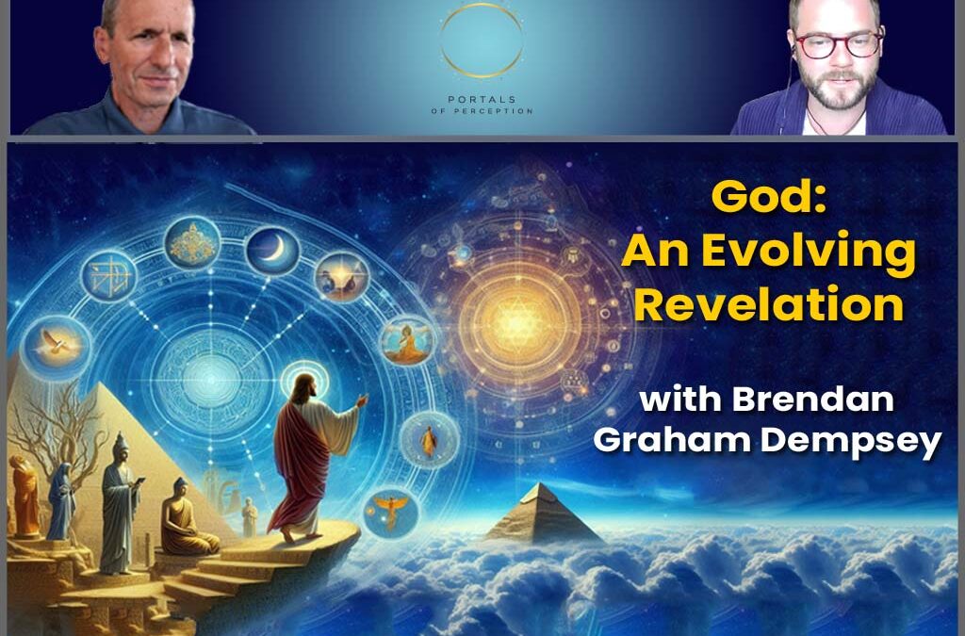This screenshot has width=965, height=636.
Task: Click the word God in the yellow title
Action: [768, 196]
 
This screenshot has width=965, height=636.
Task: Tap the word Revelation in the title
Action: [769, 303]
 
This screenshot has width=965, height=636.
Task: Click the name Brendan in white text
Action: [812, 400]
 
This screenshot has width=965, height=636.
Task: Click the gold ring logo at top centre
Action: [482, 41]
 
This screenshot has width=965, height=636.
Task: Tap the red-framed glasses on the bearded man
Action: [838, 45]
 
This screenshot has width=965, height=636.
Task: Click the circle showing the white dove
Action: [56, 347]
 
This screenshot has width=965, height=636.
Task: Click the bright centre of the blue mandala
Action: [209, 380]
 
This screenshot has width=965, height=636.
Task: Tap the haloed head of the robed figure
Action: [304, 387]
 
